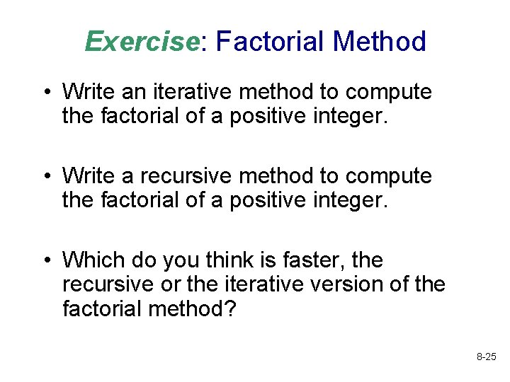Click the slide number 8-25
486,359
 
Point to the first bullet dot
46,92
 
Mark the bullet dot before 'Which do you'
46,261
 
